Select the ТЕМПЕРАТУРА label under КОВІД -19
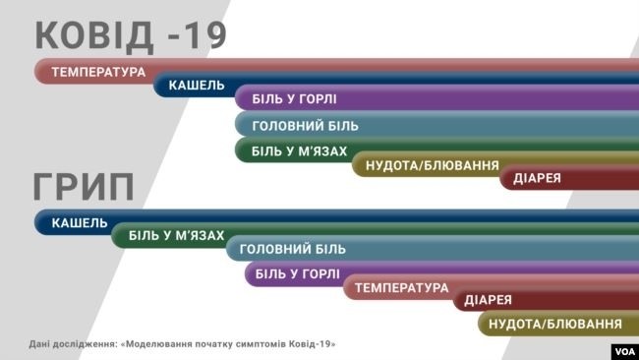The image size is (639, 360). point(98,72)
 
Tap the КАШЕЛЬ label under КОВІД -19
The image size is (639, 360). point(197,87)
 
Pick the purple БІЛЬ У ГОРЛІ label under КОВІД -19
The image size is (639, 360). point(295,99)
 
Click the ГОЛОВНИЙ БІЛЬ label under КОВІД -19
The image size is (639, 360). point(305,126)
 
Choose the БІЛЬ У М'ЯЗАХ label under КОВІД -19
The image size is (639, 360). point(299,150)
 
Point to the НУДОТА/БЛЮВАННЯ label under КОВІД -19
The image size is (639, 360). point(432,165)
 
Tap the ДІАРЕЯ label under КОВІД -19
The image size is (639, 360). point(537,178)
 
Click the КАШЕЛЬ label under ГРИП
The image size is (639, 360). point(80,222)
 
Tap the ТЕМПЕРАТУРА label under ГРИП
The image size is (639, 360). point(401,288)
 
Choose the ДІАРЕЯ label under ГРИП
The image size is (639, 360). point(487,300)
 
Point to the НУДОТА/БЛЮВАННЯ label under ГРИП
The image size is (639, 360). point(555,324)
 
